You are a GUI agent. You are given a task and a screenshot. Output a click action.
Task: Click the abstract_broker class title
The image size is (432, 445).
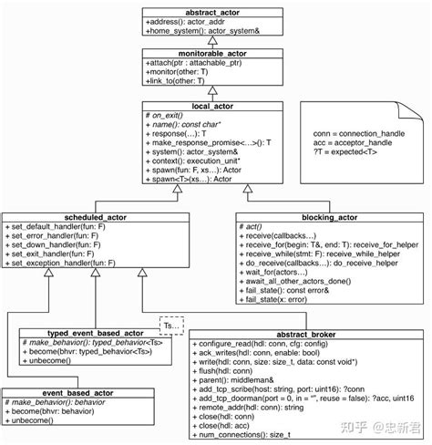[x=308, y=333]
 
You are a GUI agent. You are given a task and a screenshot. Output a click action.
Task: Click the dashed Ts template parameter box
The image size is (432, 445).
[x=171, y=325]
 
